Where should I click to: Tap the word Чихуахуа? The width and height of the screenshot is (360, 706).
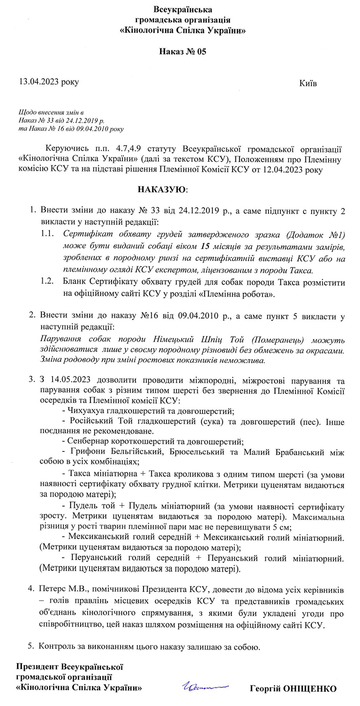click(x=87, y=411)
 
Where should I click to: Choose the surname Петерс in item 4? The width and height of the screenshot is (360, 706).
click(x=53, y=589)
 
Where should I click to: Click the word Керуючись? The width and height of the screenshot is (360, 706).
click(x=63, y=148)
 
